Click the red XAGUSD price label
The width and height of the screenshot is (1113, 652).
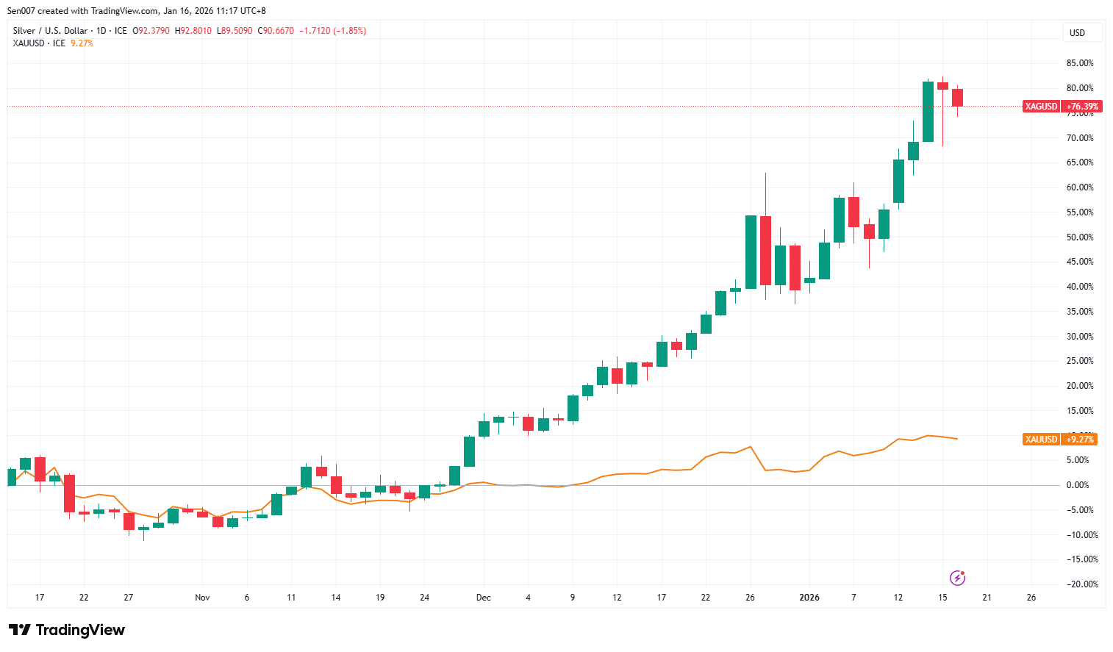pyautogui.click(x=1041, y=107)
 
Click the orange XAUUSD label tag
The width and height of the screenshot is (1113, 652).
pyautogui.click(x=1041, y=440)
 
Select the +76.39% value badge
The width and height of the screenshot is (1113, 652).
pyautogui.click(x=1082, y=107)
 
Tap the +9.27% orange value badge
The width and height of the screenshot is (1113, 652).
pyautogui.click(x=1081, y=440)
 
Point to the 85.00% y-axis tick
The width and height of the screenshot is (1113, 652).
pyautogui.click(x=1079, y=63)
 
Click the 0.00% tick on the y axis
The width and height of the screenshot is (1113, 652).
pyautogui.click(x=1079, y=485)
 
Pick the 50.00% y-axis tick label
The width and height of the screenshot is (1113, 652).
pyautogui.click(x=1079, y=237)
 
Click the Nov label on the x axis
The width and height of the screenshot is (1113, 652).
pyautogui.click(x=202, y=598)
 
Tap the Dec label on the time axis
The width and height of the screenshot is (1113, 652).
pyautogui.click(x=483, y=598)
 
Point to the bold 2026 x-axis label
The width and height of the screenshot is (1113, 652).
pyautogui.click(x=809, y=598)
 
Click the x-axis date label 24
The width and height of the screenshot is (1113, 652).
pyautogui.click(x=424, y=598)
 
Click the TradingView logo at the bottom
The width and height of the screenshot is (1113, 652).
pyautogui.click(x=67, y=630)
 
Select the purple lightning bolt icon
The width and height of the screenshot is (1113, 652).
pyautogui.click(x=957, y=578)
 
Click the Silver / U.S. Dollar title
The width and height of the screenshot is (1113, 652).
pyautogui.click(x=50, y=31)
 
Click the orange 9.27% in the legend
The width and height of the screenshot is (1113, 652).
pyautogui.click(x=82, y=43)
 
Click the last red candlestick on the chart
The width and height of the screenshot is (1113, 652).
pyautogui.click(x=957, y=97)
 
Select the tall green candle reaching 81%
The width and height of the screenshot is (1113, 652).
pyautogui.click(x=928, y=112)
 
